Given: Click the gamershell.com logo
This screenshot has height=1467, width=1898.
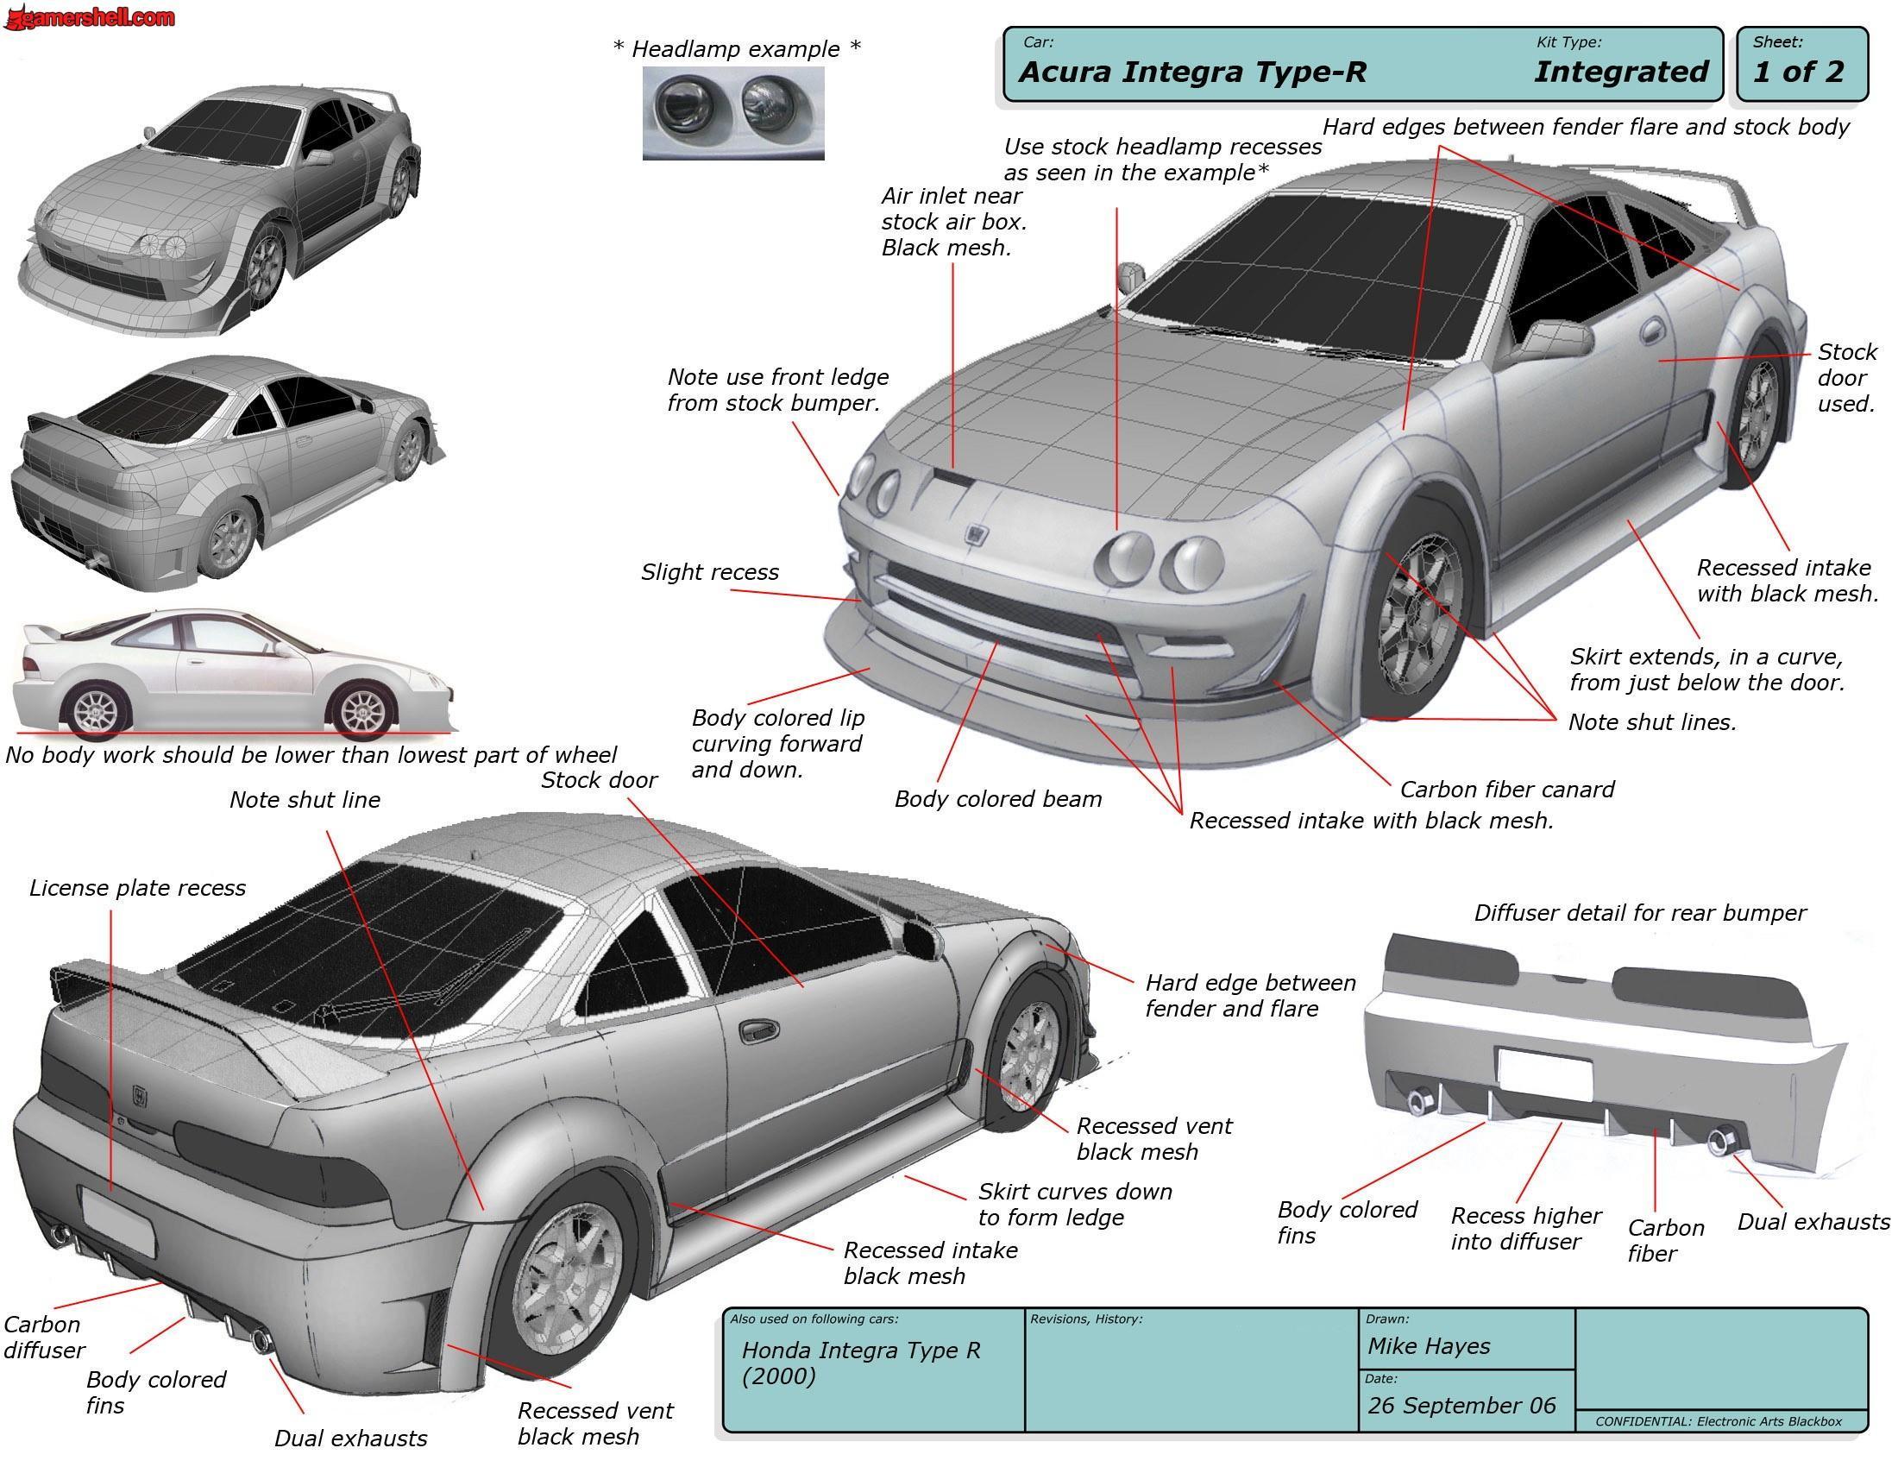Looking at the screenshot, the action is [89, 16].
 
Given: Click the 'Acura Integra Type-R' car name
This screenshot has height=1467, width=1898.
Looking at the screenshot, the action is [1192, 72].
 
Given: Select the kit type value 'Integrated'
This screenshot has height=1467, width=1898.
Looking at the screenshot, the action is [1621, 72].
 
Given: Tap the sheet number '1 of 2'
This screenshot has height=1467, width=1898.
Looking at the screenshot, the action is [1798, 72].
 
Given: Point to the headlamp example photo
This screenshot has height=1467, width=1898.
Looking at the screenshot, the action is [732, 113].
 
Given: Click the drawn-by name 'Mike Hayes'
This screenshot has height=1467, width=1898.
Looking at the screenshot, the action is [1428, 1346].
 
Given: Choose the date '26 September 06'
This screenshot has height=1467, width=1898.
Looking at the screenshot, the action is [1461, 1405].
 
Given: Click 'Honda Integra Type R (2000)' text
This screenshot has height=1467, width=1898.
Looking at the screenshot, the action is [861, 1363].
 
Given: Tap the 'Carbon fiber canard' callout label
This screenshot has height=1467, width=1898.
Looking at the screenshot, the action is [1507, 789].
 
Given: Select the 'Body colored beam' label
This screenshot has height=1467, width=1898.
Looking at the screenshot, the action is [997, 799].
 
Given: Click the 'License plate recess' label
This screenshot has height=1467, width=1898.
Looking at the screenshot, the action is [137, 888].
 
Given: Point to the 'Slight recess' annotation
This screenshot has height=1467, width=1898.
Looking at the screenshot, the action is [710, 572].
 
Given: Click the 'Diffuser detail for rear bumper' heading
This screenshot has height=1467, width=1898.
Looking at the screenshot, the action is [1640, 912].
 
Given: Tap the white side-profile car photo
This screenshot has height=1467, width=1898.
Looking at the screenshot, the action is [233, 671].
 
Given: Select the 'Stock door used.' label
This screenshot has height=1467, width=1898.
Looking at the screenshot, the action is [1847, 378].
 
